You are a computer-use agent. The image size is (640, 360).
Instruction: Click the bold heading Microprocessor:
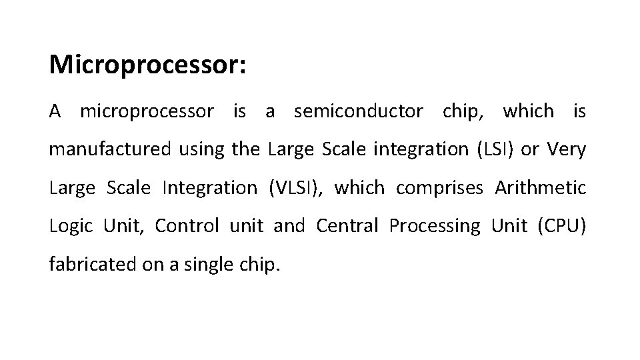(148, 65)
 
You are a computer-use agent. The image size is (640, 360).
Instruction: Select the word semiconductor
(358, 111)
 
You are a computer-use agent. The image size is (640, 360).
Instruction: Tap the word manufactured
(110, 150)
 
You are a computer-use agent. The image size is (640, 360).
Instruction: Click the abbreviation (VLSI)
(295, 188)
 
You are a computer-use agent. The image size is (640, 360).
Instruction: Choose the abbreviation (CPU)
(562, 227)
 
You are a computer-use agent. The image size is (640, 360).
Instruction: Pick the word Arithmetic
(541, 188)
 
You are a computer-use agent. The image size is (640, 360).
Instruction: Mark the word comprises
(439, 189)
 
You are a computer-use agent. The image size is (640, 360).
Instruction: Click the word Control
(187, 227)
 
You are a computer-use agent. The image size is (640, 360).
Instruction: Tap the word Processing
(434, 227)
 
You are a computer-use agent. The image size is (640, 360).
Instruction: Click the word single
(211, 265)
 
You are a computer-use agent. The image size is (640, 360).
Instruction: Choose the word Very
(567, 150)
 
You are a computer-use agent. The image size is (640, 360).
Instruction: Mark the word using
(202, 151)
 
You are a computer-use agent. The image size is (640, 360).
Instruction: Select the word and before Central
(289, 227)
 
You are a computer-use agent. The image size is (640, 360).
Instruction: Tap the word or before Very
(530, 150)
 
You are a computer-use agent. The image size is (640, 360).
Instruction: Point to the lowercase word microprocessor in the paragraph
(147, 112)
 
